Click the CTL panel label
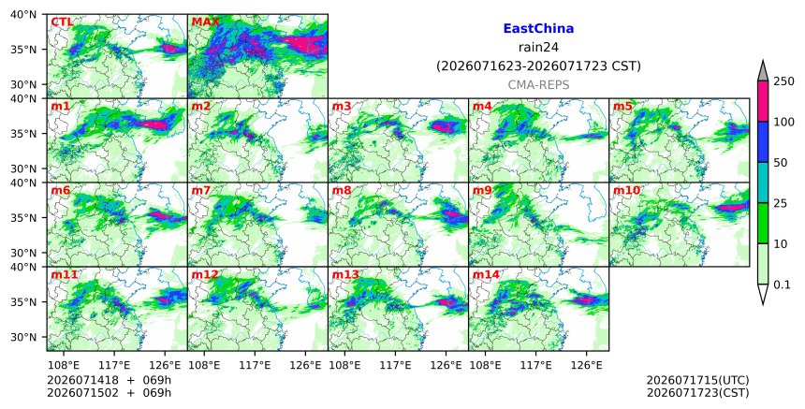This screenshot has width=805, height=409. [62, 22]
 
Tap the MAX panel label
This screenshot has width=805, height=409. [205, 22]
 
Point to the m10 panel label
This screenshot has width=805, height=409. [626, 190]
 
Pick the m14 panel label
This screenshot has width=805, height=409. [486, 274]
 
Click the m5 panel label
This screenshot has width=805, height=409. [622, 106]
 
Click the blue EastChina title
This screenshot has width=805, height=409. [538, 29]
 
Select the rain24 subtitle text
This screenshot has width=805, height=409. [538, 48]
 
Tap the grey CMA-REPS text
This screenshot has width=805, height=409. [538, 85]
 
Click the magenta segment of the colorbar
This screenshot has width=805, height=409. [762, 101]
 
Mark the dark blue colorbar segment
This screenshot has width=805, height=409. [762, 142]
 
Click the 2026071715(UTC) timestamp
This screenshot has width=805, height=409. [697, 380]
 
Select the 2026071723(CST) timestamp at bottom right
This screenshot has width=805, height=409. [697, 393]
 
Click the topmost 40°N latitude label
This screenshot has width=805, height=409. [23, 14]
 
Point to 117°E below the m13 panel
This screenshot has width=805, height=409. [396, 365]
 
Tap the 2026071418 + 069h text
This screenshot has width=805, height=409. [109, 380]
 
